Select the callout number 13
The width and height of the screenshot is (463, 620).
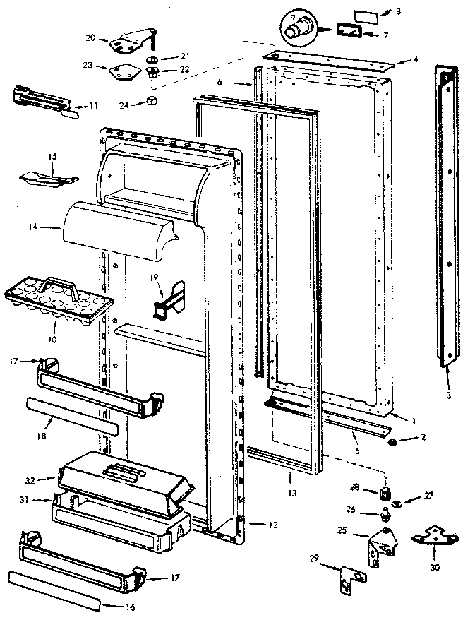pyautogui.click(x=290, y=477)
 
